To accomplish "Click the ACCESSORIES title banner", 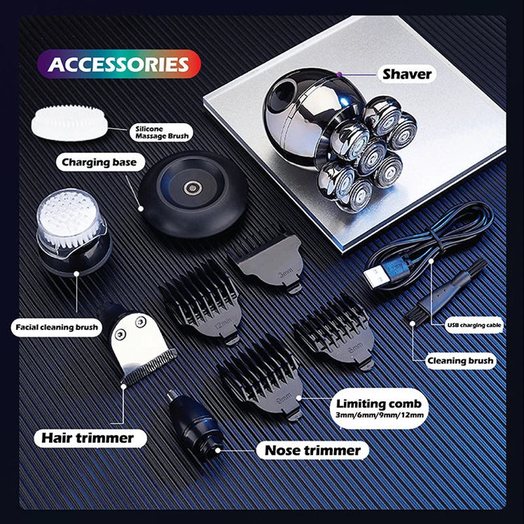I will [118, 64].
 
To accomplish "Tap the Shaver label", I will [407, 74].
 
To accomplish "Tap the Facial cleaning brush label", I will [56, 326].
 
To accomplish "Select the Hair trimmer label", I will [88, 437].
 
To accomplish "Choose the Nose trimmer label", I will [312, 450].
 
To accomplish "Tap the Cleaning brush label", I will [460, 360].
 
